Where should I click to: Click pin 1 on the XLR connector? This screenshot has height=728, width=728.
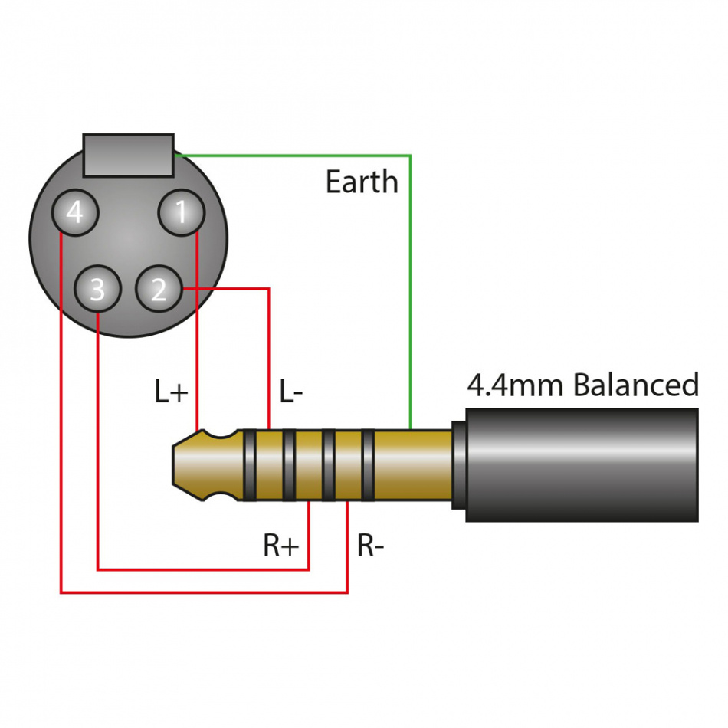pos(181,212)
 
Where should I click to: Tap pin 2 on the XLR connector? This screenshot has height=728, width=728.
pos(159,289)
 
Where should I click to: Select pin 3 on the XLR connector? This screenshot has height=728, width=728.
pos(97,289)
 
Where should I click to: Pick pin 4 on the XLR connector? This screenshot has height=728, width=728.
pos(74,212)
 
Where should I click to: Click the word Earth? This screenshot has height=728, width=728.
pos(362,182)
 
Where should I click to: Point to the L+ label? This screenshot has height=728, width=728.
pos(171,392)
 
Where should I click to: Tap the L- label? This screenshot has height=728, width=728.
pos(290,392)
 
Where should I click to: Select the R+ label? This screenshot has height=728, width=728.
pos(281,546)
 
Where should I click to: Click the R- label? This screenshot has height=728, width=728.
pos(371,546)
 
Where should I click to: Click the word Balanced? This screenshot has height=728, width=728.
pos(636,385)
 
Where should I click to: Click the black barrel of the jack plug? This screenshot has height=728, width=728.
pos(582,465)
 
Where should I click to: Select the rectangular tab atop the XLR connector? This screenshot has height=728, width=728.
pos(129,155)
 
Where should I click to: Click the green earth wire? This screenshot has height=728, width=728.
pos(411,291)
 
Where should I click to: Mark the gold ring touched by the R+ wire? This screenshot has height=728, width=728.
pos(309,465)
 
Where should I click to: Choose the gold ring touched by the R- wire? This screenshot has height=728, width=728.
pos(348,465)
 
